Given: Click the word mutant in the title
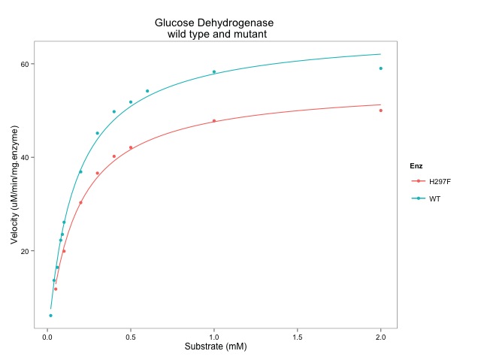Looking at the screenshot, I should pyautogui.click(x=250, y=35).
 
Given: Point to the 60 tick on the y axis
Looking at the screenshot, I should pyautogui.click(x=24, y=64).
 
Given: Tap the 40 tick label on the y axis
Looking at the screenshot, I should pyautogui.click(x=24, y=157).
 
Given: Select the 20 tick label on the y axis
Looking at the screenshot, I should pyautogui.click(x=24, y=251).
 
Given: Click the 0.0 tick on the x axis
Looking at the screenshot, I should pyautogui.click(x=47, y=337).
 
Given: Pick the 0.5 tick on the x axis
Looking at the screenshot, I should pyautogui.click(x=131, y=337).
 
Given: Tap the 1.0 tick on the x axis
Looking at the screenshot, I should pyautogui.click(x=214, y=337).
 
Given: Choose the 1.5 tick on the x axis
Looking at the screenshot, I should pyautogui.click(x=298, y=337).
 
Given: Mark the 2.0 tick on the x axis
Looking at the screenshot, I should pyautogui.click(x=381, y=337).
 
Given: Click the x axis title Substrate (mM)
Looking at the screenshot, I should pyautogui.click(x=216, y=347).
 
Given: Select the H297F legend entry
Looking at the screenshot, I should pyautogui.click(x=438, y=182).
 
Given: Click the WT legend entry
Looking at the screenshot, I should pyautogui.click(x=434, y=198).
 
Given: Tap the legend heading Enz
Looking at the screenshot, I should pyautogui.click(x=416, y=165).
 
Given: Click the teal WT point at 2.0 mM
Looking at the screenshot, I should pyautogui.click(x=381, y=68).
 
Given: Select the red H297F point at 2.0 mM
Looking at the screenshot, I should pyautogui.click(x=381, y=110).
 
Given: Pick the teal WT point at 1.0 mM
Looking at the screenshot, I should pyautogui.click(x=214, y=72).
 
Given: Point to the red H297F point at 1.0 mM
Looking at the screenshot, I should pyautogui.click(x=214, y=121).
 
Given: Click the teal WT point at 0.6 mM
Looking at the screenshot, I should pyautogui.click(x=147, y=91).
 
